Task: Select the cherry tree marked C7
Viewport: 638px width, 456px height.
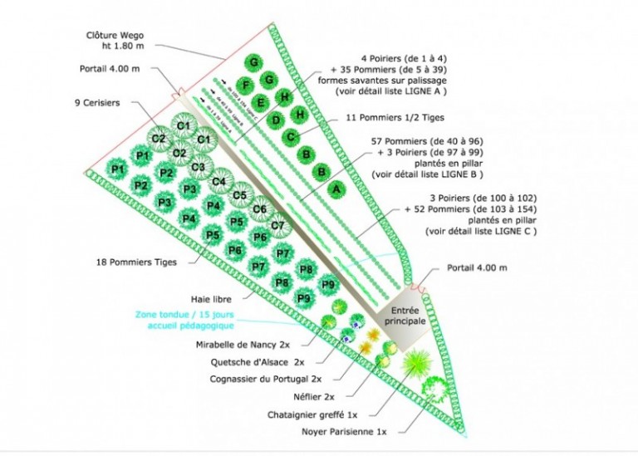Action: click(x=278, y=225)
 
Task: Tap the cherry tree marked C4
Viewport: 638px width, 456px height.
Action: click(x=220, y=181)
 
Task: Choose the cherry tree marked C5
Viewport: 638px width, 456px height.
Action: click(x=239, y=195)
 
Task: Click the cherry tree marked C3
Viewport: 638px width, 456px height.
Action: click(x=199, y=167)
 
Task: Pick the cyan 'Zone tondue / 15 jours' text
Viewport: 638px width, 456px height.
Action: click(x=174, y=316)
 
